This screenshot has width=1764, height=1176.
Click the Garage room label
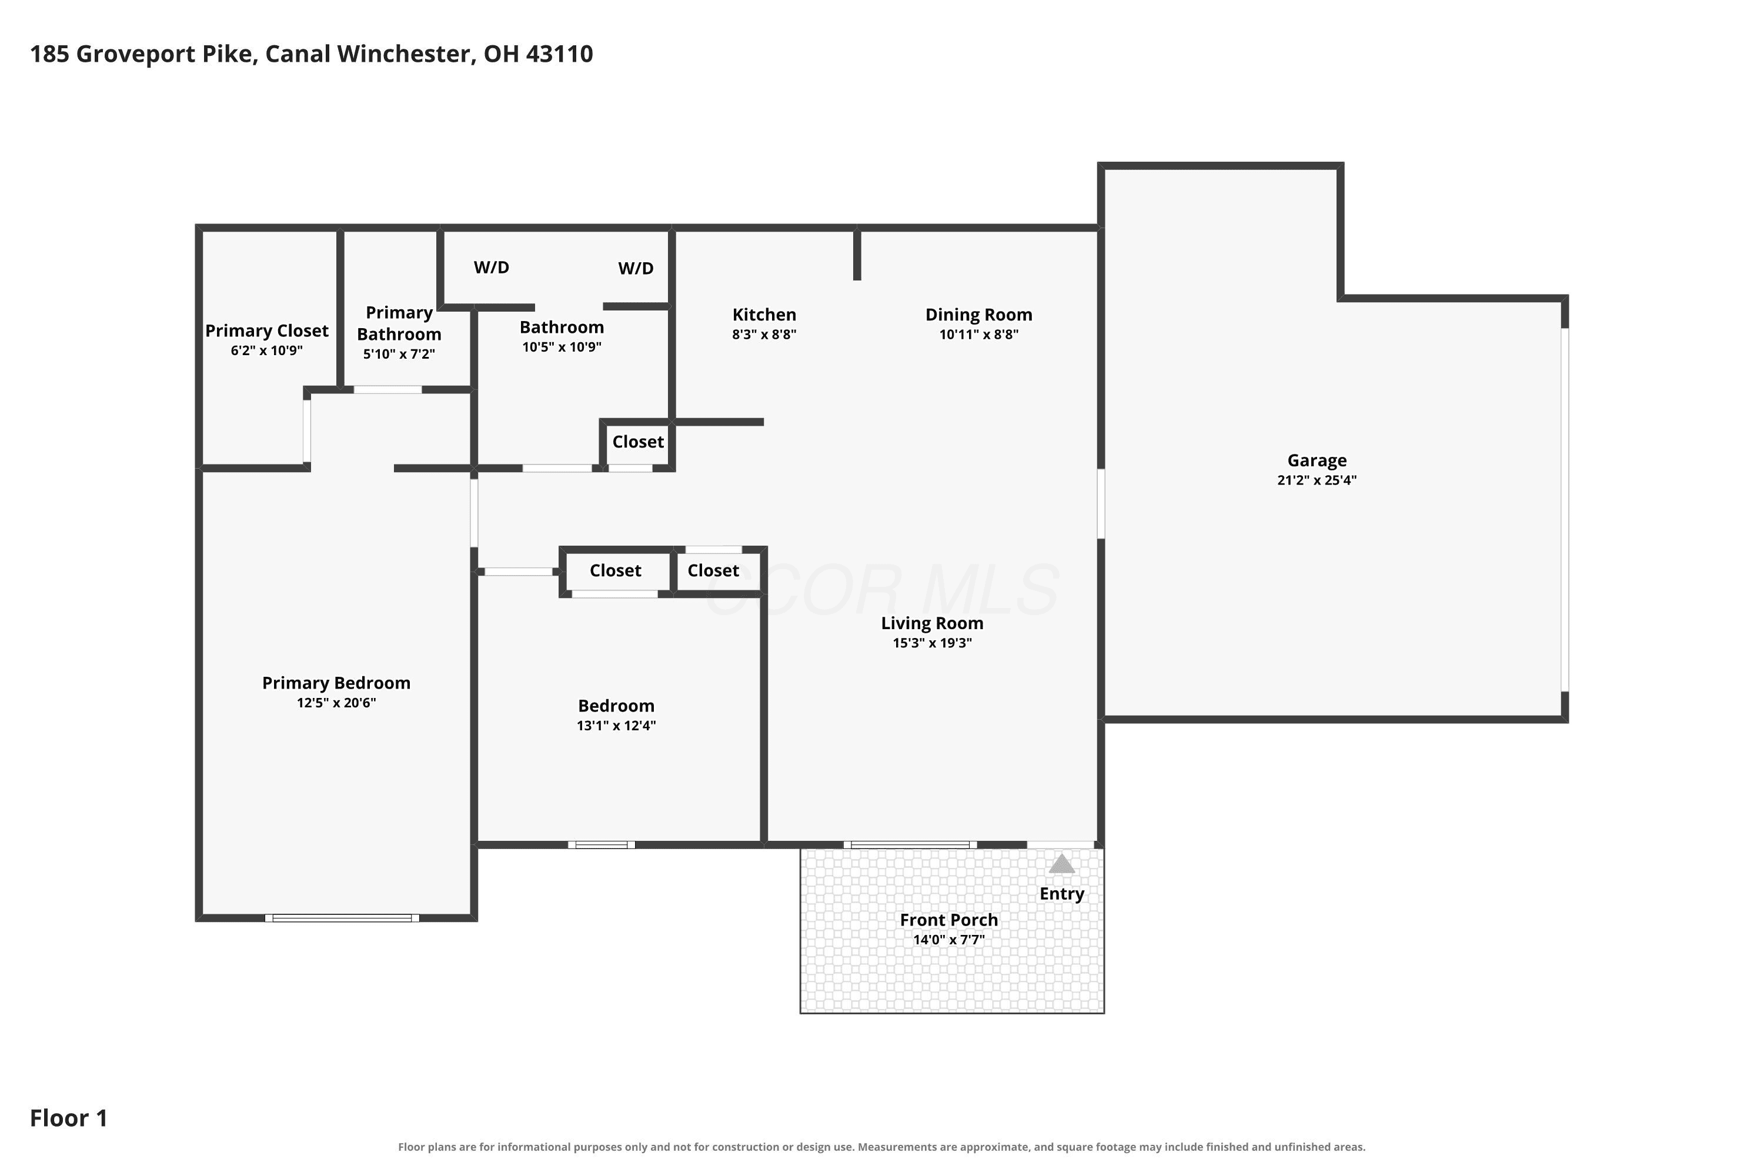[x=1317, y=460]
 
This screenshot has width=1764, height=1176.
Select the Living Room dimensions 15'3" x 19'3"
[x=931, y=643]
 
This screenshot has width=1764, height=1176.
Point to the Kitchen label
[x=764, y=315]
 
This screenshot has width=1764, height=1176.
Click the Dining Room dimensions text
[x=979, y=335]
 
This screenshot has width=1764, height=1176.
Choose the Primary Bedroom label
[x=336, y=683]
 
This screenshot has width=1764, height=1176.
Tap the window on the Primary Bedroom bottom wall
[x=342, y=918]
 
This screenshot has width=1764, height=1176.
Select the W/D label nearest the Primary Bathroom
[x=491, y=268]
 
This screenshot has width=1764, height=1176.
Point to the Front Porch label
[x=949, y=920]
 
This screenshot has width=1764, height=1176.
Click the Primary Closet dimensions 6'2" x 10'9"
[x=266, y=350]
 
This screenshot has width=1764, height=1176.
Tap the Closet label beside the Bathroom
[x=637, y=442]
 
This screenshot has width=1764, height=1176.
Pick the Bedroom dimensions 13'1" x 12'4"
[x=616, y=725]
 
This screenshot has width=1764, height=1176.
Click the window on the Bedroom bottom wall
[x=602, y=844]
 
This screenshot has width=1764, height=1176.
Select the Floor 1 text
[x=68, y=1118]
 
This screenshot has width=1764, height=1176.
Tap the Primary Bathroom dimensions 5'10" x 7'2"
[x=399, y=354]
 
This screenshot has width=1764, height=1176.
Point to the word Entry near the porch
[x=1061, y=894]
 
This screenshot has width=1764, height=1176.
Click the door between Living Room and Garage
[x=1101, y=504]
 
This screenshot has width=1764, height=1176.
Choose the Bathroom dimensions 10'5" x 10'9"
[x=562, y=346]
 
